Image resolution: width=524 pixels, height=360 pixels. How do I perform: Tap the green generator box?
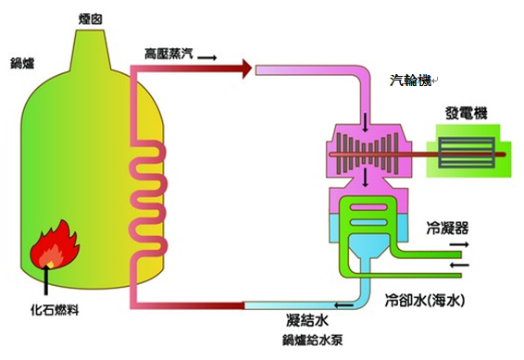[468, 151]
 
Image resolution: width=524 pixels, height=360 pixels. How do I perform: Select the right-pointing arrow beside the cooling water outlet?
[458, 245]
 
